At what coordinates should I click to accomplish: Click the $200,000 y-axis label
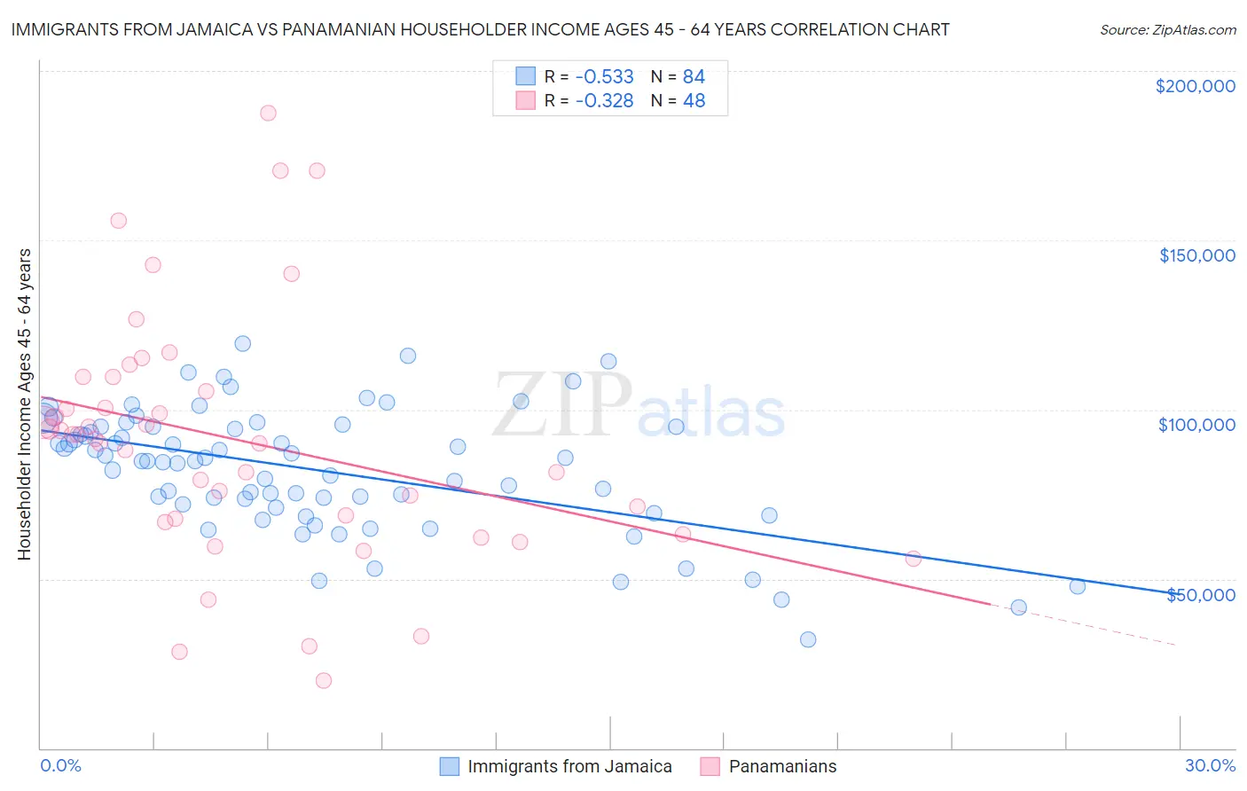(1195, 86)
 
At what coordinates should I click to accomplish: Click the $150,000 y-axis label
(1196, 255)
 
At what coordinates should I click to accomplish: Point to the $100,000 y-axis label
(1196, 425)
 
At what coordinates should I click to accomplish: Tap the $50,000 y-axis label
(1200, 594)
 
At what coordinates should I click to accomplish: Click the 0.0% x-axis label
(60, 765)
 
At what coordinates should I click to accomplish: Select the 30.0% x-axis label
(1210, 765)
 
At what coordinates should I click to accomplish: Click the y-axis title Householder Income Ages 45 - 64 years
(25, 403)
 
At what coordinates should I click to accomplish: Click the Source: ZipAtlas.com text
(1167, 30)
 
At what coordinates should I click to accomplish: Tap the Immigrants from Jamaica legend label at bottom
(569, 766)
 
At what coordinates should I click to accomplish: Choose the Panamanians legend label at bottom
(782, 766)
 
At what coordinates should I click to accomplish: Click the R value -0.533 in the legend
(604, 76)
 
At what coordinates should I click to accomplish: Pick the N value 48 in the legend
(694, 101)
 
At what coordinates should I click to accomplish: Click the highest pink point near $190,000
(268, 114)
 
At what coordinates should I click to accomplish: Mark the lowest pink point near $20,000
(324, 680)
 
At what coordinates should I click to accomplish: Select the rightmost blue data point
(1078, 586)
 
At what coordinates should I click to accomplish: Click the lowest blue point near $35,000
(808, 639)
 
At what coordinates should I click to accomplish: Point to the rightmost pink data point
(913, 559)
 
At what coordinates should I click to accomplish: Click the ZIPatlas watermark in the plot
(639, 406)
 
